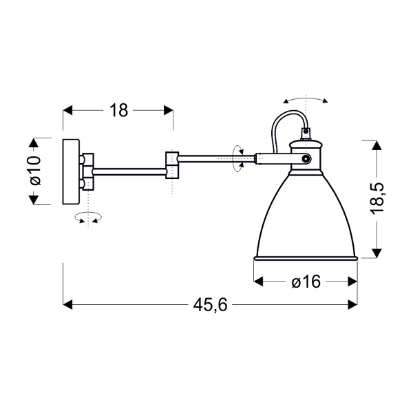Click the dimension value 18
pyautogui.click(x=119, y=110)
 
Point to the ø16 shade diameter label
pyautogui.click(x=306, y=282)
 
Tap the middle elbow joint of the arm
pyautogui.click(x=172, y=164)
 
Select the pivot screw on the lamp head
pyautogui.click(x=305, y=159)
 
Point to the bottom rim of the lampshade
pyautogui.click(x=306, y=258)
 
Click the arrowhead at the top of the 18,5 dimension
pyautogui.click(x=375, y=145)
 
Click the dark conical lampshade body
pyautogui.click(x=306, y=213)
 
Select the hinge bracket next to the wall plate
pyautogui.click(x=86, y=171)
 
